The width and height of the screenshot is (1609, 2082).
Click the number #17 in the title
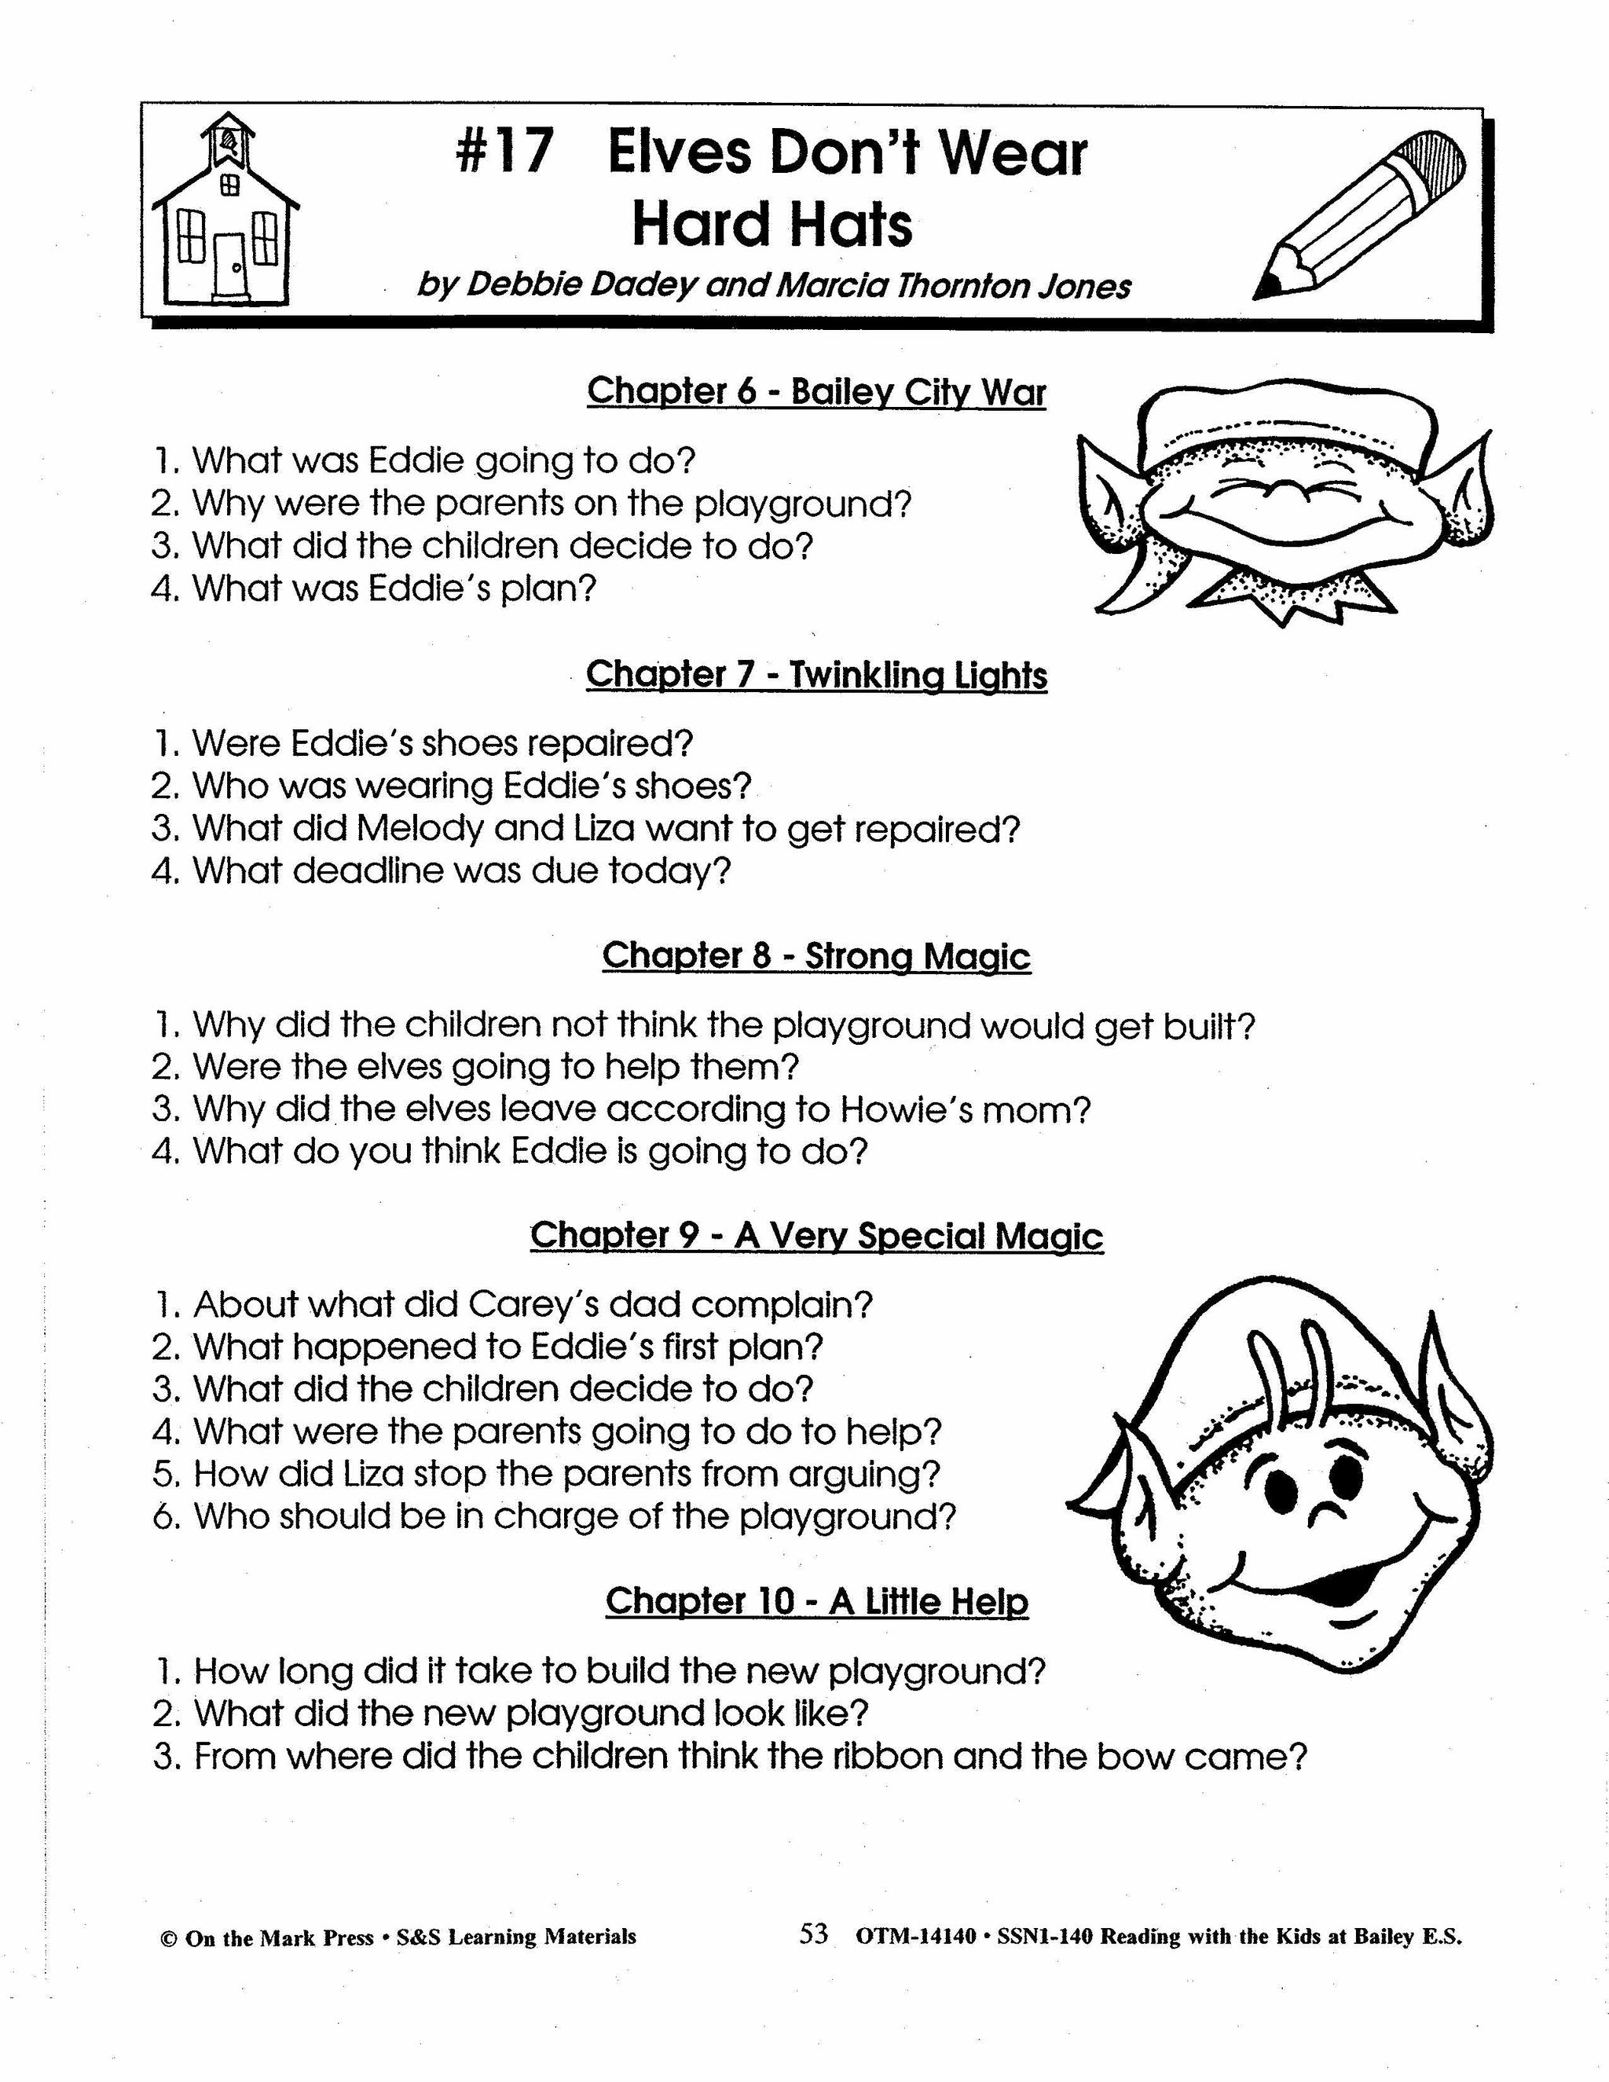point(505,153)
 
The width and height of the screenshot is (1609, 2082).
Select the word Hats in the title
point(843,225)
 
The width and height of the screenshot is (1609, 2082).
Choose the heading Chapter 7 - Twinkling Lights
point(816,675)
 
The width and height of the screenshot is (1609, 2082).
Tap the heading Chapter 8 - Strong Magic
point(816,956)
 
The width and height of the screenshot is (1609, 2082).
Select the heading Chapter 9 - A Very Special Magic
point(816,1237)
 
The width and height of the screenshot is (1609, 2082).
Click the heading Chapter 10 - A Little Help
point(816,1601)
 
